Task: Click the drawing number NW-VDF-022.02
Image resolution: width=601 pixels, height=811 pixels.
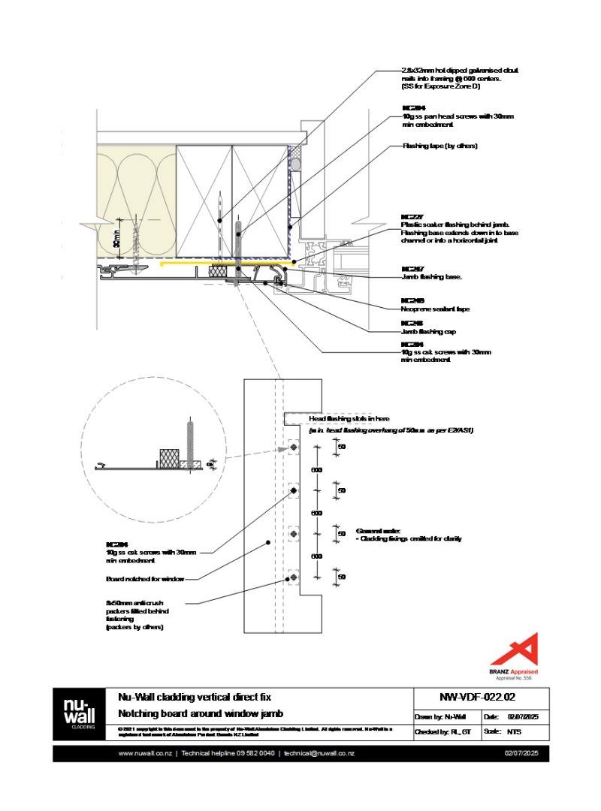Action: (x=482, y=696)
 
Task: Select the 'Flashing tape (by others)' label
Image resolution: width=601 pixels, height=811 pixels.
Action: (x=439, y=146)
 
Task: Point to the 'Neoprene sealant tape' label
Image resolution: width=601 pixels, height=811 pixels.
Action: (x=436, y=309)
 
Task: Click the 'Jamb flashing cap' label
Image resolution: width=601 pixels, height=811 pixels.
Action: (x=429, y=331)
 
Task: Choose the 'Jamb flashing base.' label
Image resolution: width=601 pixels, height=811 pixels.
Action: (x=432, y=278)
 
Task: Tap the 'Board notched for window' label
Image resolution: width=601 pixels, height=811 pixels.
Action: (x=145, y=579)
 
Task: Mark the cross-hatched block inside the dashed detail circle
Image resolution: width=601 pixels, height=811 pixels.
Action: (x=168, y=458)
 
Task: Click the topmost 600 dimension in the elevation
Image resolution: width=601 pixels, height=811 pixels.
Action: (x=317, y=469)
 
